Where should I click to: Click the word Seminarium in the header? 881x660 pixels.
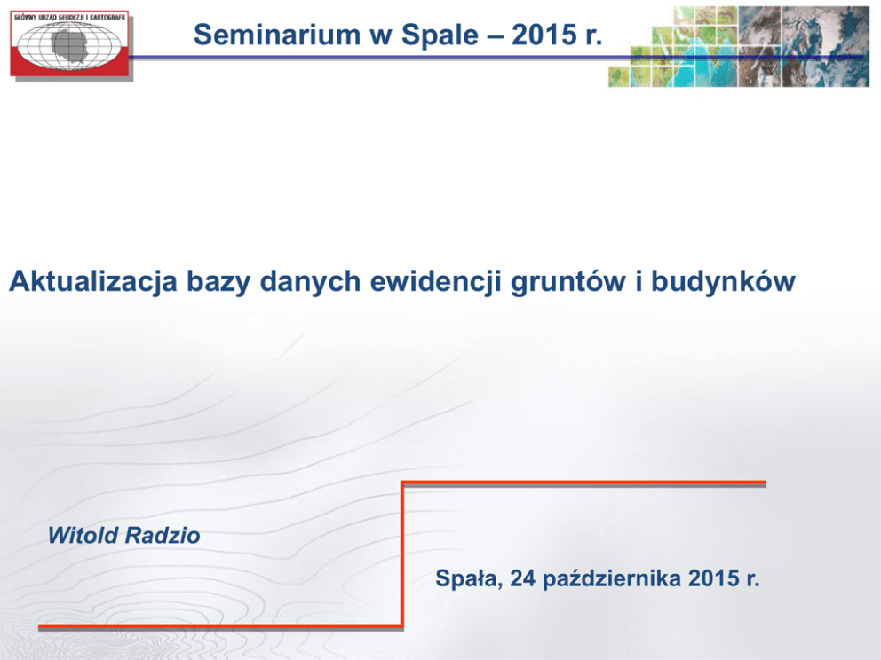(x=276, y=35)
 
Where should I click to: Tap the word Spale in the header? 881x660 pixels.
(x=440, y=35)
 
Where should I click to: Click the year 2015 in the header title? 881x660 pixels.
(x=544, y=35)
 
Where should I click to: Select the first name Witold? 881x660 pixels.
(x=83, y=536)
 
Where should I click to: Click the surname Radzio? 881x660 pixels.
(x=163, y=536)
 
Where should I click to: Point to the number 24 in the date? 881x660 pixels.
(x=523, y=578)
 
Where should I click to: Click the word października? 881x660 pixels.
(x=611, y=579)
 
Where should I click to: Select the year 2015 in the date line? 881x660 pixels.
(x=713, y=578)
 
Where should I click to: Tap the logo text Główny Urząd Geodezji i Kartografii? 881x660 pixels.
(x=69, y=18)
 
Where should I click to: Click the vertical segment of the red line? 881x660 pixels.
(x=402, y=554)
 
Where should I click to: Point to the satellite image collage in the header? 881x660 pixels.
(x=739, y=47)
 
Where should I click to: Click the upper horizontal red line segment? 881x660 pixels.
(x=583, y=483)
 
